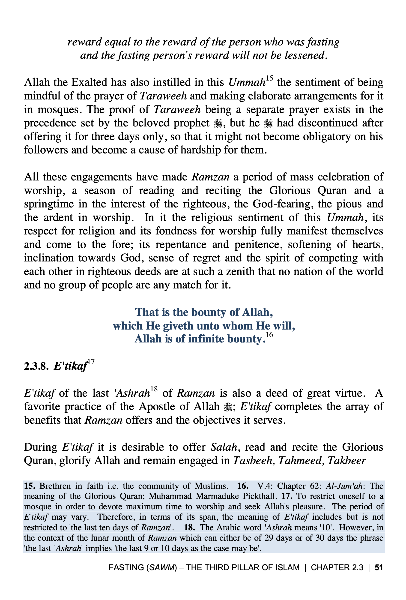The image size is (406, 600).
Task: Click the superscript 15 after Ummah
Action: (x=269, y=78)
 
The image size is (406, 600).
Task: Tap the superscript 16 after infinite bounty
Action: (x=269, y=335)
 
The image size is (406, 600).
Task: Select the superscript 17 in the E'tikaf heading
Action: (x=91, y=362)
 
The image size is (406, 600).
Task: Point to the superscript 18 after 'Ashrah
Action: (x=154, y=389)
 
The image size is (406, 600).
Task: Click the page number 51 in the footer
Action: (x=379, y=567)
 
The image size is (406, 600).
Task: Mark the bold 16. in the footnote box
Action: (x=243, y=486)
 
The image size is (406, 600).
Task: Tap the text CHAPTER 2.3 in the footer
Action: (x=337, y=567)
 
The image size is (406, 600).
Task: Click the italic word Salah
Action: (x=224, y=447)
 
